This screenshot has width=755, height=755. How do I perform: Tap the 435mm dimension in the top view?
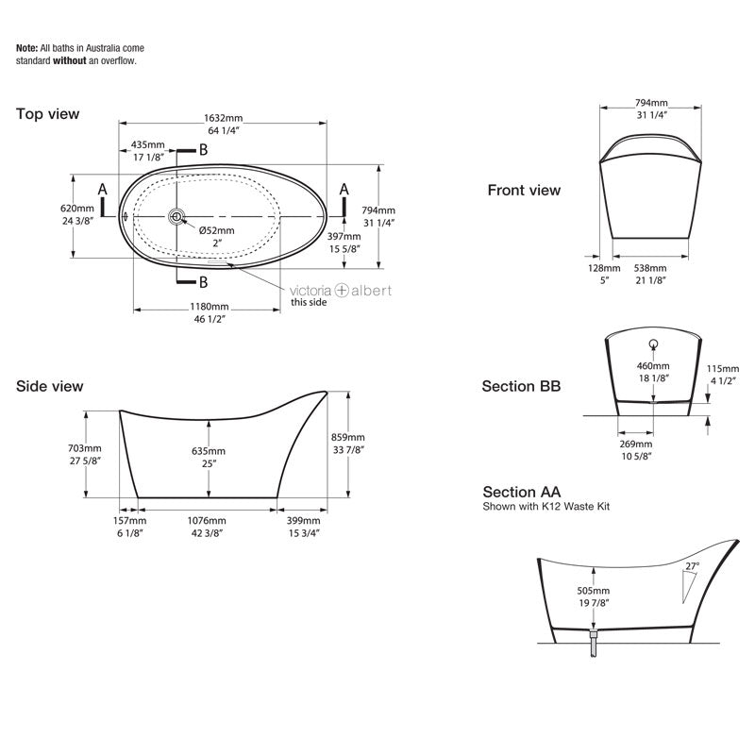pos(149,145)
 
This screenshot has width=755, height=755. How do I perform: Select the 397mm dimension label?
pos(344,236)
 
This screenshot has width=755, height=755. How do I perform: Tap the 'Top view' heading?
pos(47,114)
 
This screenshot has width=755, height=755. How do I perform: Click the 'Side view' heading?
pos(49,386)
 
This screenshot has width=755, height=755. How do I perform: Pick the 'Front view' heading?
pos(524,191)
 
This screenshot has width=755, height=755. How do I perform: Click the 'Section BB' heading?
pos(521,386)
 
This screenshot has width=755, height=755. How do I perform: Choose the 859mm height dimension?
pos(347,437)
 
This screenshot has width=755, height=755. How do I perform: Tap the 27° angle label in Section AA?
pos(692,566)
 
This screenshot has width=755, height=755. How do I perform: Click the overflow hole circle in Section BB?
pos(652,344)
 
